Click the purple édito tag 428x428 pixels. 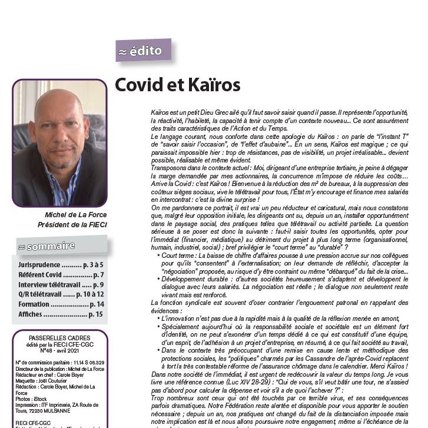coord(144,51)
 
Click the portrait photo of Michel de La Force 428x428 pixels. coord(59,143)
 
